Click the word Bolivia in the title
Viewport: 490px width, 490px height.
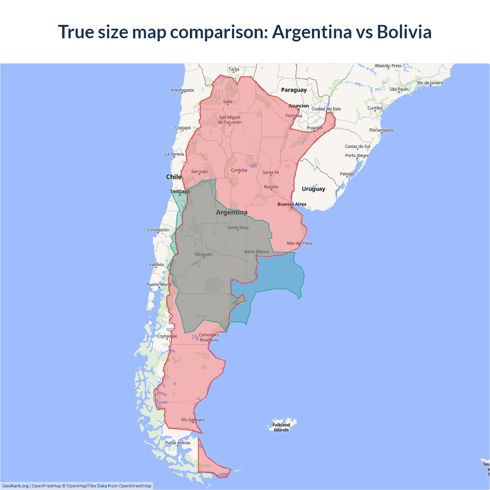[x=404, y=32]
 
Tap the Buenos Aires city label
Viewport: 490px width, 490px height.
[x=292, y=204]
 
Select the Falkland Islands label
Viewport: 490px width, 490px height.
[x=281, y=427]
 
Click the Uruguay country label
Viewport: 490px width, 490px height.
[x=313, y=189]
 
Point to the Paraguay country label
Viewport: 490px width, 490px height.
[x=294, y=90]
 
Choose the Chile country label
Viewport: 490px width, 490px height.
[x=173, y=177]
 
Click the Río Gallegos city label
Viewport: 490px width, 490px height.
[x=193, y=420]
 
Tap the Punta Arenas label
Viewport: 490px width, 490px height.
[x=178, y=443]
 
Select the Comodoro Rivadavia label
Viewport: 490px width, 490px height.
[x=209, y=337]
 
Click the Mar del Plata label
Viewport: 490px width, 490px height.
[x=299, y=243]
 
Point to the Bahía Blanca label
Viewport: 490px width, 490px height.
[x=256, y=252]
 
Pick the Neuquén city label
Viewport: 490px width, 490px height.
[x=204, y=254]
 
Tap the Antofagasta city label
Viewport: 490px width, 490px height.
[x=182, y=90]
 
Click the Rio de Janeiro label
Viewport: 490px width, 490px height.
[x=430, y=83]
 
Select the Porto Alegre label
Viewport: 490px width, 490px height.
[x=357, y=155]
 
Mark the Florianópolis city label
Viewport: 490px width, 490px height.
[x=381, y=130]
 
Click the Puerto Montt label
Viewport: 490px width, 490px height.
[x=159, y=284]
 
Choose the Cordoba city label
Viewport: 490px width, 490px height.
[x=239, y=170]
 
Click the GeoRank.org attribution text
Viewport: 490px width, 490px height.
[x=15, y=486]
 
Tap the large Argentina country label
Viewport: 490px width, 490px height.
[x=232, y=212]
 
